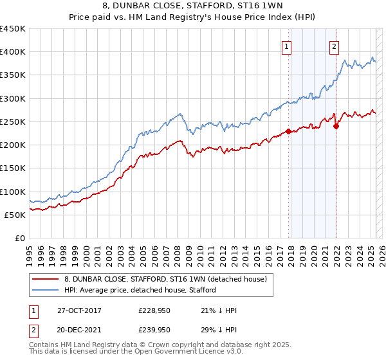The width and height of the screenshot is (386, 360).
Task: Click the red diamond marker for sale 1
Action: click(289, 131)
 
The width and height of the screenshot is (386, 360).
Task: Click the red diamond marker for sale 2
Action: click(336, 126)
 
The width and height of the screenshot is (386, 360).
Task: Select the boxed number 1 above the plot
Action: click(286, 46)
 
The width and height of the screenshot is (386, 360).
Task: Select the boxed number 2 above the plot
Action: click(335, 46)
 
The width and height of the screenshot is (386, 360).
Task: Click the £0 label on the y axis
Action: click(20, 239)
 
